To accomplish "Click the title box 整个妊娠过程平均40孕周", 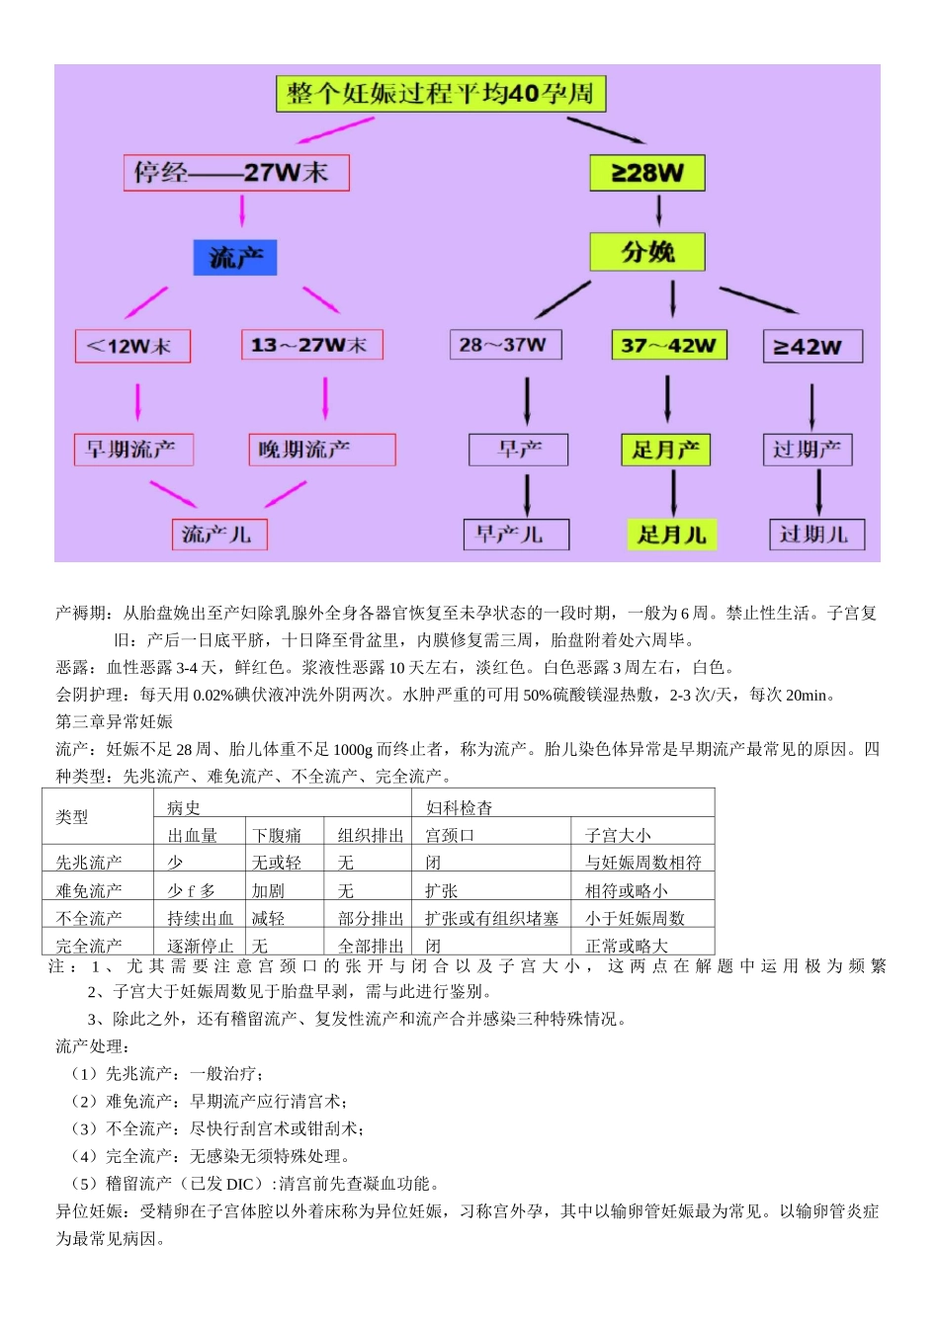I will pos(440,94).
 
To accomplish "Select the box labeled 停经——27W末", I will pos(236,173).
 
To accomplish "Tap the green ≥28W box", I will pos(647,173).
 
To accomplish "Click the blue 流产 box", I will pos(235,258).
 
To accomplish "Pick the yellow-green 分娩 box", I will pos(647,252).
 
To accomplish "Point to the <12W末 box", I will pos(132,346).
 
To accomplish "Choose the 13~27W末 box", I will pos(311,345).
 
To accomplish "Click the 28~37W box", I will pos(505,345).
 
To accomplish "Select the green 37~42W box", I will pos(668,345).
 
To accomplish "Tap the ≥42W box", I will pos(812,347).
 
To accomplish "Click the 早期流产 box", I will pos(133,450).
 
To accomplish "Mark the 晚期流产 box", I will pos(321,450).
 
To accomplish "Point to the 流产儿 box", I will pos(219,535).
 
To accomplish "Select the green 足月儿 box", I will pos(671,535).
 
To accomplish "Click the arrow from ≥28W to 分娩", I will pos(659,209).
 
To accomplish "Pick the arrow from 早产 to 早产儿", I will pos(527,493).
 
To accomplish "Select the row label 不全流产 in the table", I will pos(89,918).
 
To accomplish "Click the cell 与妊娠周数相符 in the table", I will pos(643,863).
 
